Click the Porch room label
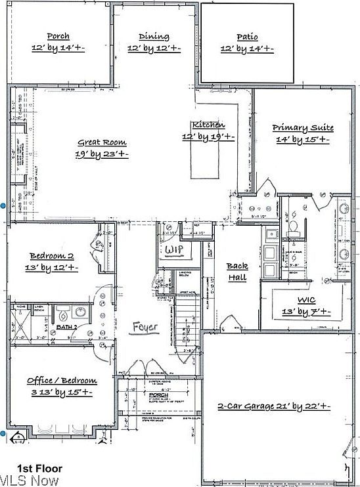(x=58, y=36)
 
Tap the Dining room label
(x=154, y=37)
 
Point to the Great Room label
(x=102, y=142)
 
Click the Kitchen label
(x=208, y=125)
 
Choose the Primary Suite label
(x=303, y=128)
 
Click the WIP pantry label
(x=173, y=251)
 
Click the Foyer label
(x=145, y=326)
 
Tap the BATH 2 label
(x=66, y=326)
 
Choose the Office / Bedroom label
(x=62, y=381)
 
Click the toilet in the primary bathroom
(x=294, y=226)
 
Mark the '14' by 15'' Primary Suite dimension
(x=302, y=140)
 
